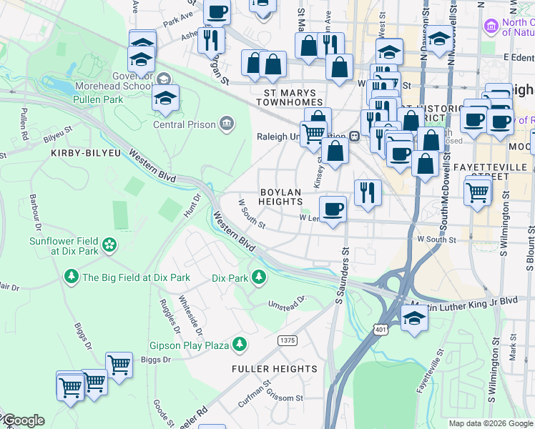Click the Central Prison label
click(185, 124)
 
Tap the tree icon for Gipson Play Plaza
click(240, 345)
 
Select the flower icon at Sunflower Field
click(109, 245)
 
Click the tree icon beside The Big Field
click(71, 277)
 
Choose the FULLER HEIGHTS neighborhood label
click(274, 369)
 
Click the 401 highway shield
click(378, 327)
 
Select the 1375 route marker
click(288, 340)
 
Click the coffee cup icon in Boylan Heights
click(333, 209)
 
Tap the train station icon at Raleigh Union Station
click(354, 137)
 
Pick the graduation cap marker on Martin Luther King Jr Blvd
click(414, 317)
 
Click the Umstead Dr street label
click(287, 305)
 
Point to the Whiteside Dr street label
click(190, 316)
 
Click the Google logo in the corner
click(23, 420)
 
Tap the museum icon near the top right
click(491, 26)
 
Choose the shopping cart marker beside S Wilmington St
click(477, 191)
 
